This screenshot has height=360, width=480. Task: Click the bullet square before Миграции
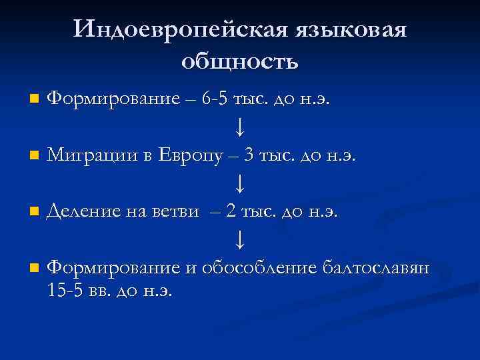34,157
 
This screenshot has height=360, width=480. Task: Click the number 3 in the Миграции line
249,156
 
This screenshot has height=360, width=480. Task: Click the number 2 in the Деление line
231,213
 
